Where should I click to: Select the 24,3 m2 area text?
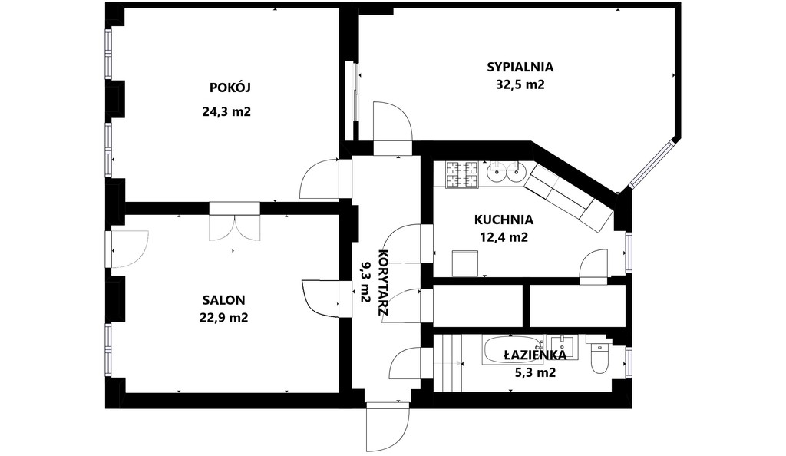[x=226, y=111]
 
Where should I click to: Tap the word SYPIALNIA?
[x=520, y=67]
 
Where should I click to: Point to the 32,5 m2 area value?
[x=520, y=85]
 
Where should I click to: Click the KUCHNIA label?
[x=503, y=220]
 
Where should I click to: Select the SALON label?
[x=224, y=299]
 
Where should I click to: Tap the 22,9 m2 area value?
[x=224, y=317]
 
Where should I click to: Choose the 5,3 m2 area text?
[x=535, y=373]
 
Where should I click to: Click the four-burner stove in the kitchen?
[x=462, y=174]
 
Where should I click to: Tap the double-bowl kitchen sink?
[x=504, y=171]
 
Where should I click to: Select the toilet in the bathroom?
[x=599, y=356]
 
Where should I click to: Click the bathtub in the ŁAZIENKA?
[x=513, y=350]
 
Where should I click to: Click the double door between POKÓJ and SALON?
[x=236, y=224]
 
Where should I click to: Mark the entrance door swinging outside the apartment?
[x=388, y=426]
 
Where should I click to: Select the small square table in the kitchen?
[x=465, y=263]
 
